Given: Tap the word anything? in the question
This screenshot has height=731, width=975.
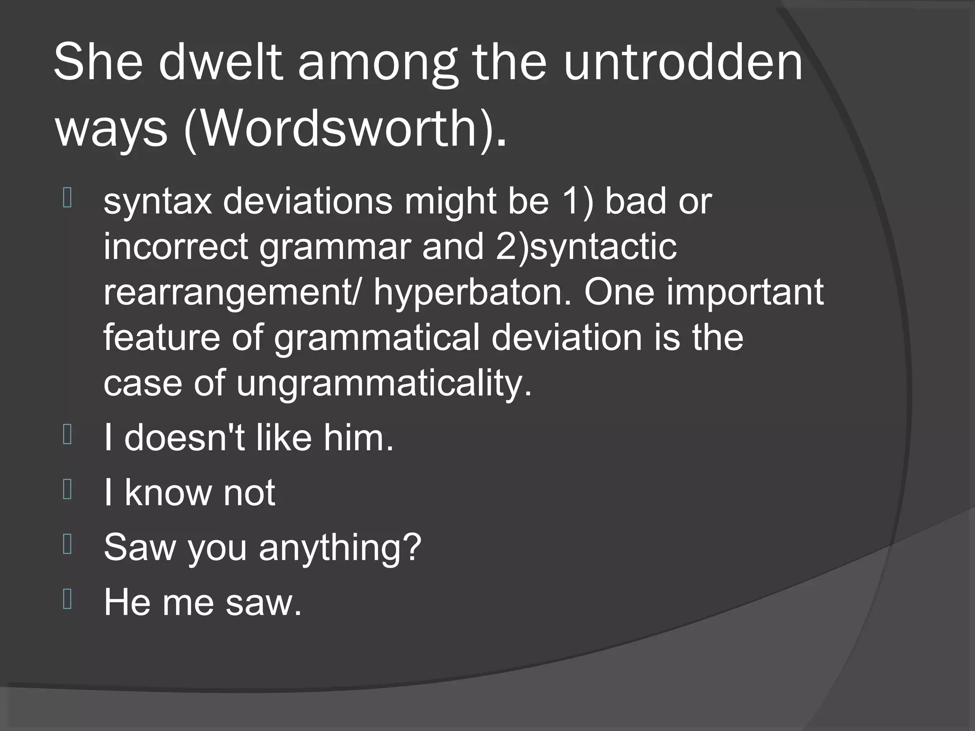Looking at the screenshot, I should click(x=340, y=547).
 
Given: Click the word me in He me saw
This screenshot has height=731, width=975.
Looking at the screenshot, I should click(x=188, y=602).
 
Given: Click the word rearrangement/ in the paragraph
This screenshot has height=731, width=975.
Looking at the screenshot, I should click(x=233, y=292).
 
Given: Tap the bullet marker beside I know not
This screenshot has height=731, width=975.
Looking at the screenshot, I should click(x=67, y=490).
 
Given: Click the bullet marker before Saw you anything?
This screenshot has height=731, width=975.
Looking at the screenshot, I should click(x=67, y=544).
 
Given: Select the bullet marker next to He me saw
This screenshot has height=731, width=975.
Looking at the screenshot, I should click(x=67, y=599).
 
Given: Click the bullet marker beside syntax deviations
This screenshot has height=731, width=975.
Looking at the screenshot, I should click(x=67, y=198).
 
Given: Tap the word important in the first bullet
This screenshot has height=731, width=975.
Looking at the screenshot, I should click(x=746, y=292).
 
